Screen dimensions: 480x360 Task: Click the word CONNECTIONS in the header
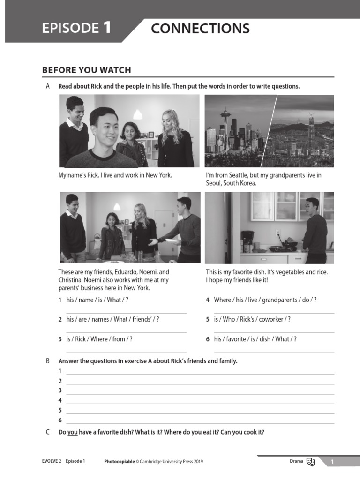click(x=200, y=29)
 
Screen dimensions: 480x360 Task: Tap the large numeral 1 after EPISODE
click(x=107, y=28)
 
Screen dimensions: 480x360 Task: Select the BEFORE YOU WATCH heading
click(x=87, y=70)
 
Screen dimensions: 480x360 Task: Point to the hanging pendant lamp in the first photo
click(x=137, y=113)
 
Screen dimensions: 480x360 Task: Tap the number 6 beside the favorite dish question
click(x=207, y=339)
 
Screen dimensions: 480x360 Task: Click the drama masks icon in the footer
click(x=310, y=462)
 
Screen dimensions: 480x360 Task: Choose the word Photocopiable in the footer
click(x=119, y=462)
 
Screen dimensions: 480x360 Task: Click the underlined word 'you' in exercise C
click(x=73, y=432)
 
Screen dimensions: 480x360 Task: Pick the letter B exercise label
click(x=47, y=361)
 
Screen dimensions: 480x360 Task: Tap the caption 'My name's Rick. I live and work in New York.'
click(x=115, y=175)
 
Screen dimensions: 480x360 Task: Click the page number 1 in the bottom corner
click(x=332, y=462)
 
